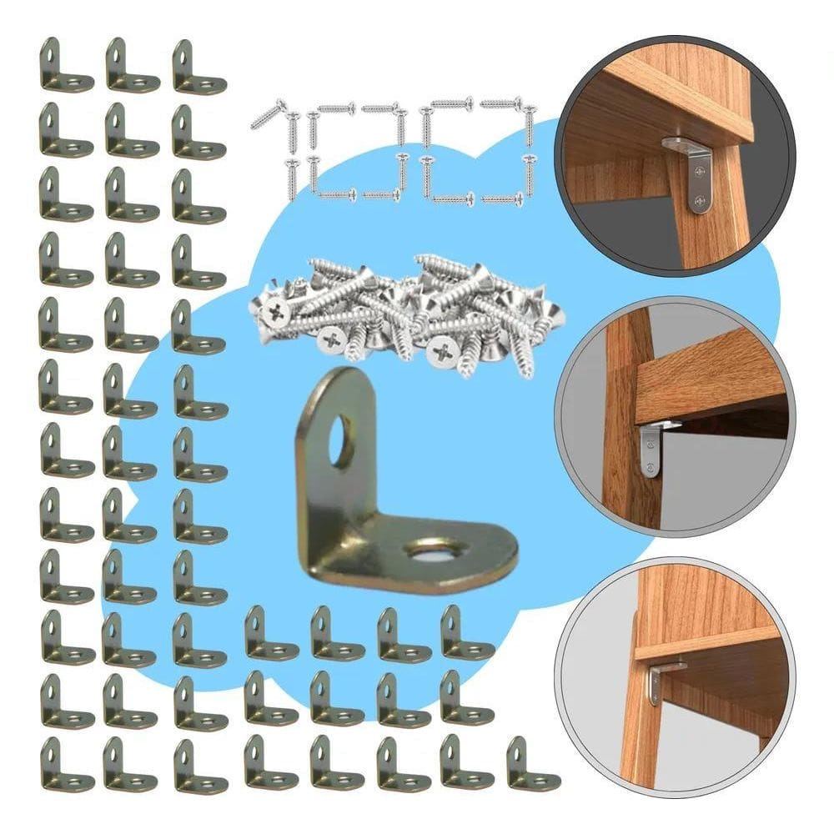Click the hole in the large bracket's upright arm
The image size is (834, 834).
pyautogui.click(x=340, y=440)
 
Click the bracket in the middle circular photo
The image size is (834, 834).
pyautogui.click(x=651, y=450)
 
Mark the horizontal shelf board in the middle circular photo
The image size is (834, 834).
pyautogui.click(x=709, y=375)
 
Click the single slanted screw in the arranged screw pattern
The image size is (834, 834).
pyautogui.click(x=269, y=114)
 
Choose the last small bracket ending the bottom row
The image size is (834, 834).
pyautogui.click(x=532, y=764)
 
